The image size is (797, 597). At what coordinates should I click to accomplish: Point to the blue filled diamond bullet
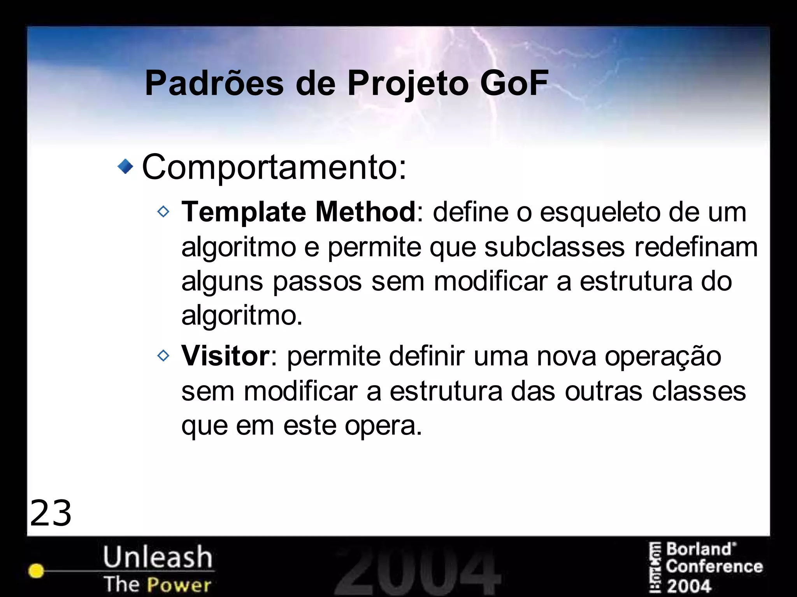pyautogui.click(x=125, y=167)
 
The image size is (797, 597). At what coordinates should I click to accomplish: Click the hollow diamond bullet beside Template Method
pyautogui.click(x=163, y=212)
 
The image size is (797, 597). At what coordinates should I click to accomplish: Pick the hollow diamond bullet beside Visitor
pyautogui.click(x=163, y=356)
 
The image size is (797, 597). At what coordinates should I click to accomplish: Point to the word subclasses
pyautogui.click(x=554, y=247)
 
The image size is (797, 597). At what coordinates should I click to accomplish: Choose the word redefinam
pyautogui.click(x=696, y=247)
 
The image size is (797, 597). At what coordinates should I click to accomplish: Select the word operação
pyautogui.click(x=662, y=356)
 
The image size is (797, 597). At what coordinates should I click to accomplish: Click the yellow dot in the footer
pyautogui.click(x=36, y=571)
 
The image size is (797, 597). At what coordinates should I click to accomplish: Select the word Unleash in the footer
pyautogui.click(x=158, y=557)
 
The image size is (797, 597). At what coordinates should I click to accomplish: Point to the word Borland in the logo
pyautogui.click(x=699, y=550)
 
